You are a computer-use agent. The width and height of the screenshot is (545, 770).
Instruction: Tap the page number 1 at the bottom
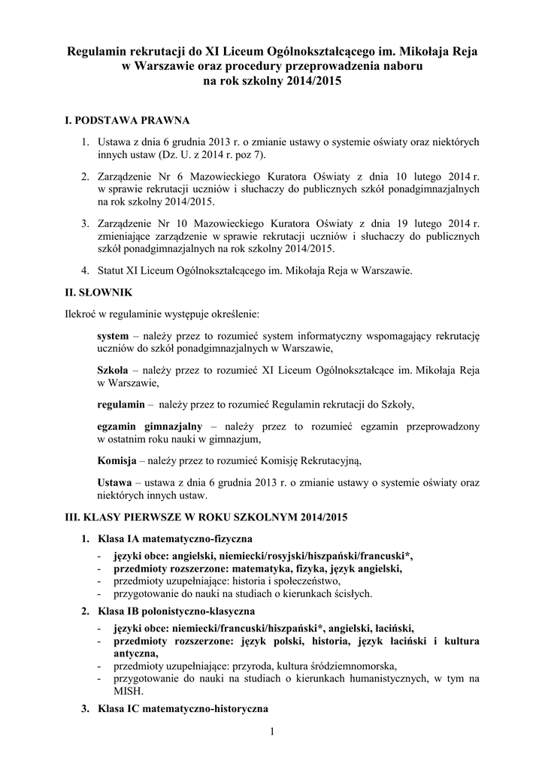coord(272,732)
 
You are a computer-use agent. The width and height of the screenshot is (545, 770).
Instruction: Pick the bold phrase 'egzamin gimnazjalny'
coord(149,426)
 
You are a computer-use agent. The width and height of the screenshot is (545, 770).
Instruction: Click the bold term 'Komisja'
coord(117,460)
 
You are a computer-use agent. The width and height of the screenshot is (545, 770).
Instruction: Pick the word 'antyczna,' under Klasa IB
coord(137,653)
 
